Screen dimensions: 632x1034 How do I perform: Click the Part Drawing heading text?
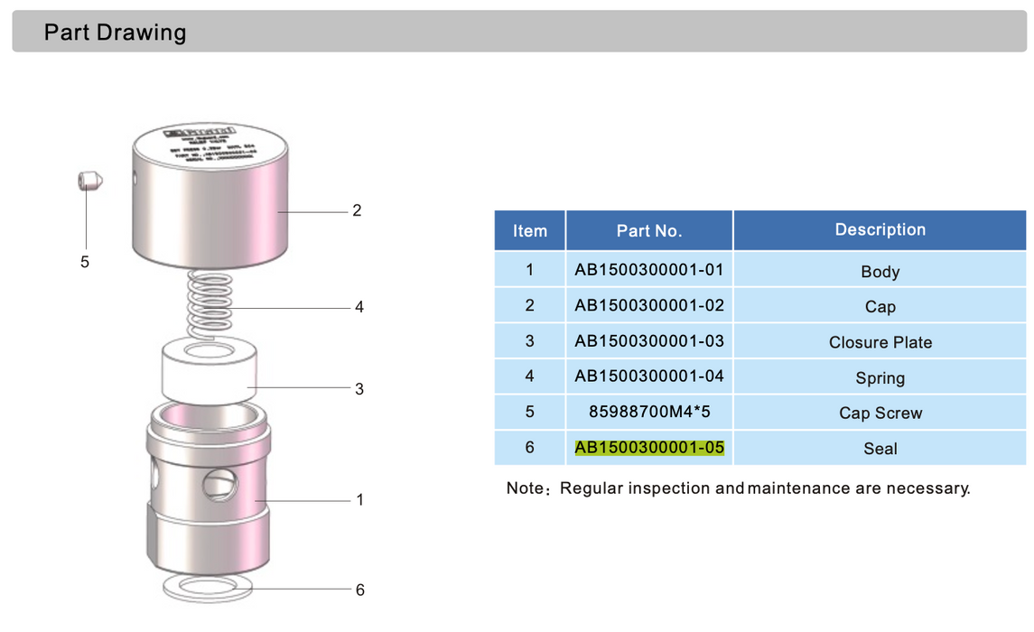click(115, 33)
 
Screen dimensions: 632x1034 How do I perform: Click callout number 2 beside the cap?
click(357, 210)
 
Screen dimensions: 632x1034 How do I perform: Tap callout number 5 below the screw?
click(85, 262)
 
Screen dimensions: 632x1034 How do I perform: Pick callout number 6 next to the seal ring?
click(359, 590)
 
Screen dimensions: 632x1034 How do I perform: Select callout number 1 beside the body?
click(359, 499)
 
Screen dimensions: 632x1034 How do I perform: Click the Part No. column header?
click(648, 231)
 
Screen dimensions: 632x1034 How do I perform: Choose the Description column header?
click(880, 230)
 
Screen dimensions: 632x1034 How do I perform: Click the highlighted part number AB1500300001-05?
click(649, 448)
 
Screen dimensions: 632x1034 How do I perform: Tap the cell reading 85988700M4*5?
click(649, 412)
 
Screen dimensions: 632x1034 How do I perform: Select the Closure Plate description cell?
click(880, 342)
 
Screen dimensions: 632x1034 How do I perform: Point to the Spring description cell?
click(880, 377)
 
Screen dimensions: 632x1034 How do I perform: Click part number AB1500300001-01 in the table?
click(649, 270)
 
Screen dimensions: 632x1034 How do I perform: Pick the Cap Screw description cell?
click(880, 413)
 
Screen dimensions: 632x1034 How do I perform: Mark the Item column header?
click(529, 231)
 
